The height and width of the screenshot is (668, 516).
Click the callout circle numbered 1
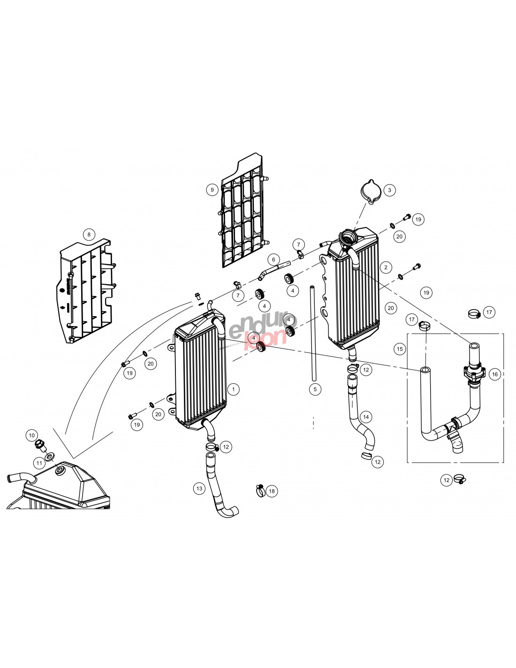click(233, 389)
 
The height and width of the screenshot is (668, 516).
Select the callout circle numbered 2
click(386, 268)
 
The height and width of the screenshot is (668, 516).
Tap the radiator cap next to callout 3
click(370, 192)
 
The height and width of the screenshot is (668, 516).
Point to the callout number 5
click(315, 389)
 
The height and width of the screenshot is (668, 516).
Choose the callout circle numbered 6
click(273, 259)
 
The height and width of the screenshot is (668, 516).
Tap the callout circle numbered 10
click(32, 435)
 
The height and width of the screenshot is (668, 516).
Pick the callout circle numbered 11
click(39, 463)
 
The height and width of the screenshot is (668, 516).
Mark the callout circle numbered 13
click(199, 489)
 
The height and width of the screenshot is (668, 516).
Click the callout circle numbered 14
click(366, 417)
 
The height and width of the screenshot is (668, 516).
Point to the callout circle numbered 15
click(400, 349)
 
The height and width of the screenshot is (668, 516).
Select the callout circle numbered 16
click(494, 374)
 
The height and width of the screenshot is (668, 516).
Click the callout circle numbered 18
click(272, 491)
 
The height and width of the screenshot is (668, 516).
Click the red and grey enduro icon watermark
click(258, 332)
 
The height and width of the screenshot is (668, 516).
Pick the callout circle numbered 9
click(212, 190)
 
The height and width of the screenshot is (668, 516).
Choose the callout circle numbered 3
click(389, 190)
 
